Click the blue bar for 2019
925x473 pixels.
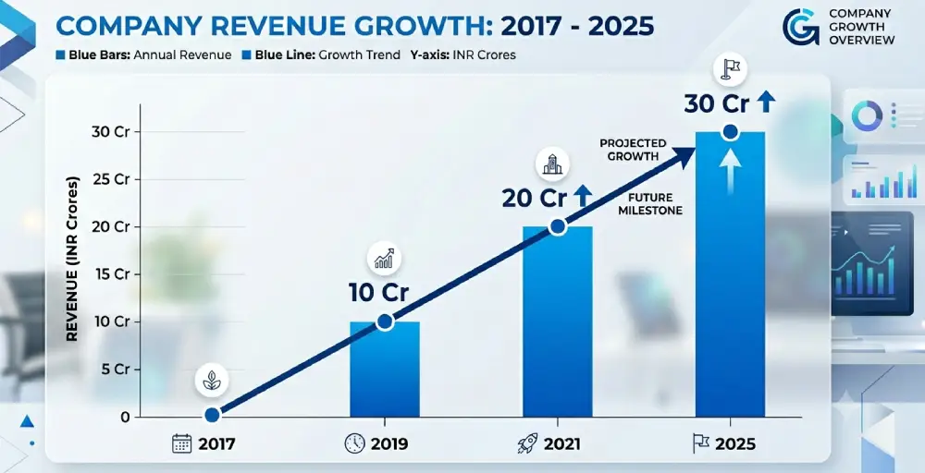tap(385, 370)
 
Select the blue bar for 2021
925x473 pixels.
tap(558, 321)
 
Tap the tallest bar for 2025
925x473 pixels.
tap(731, 274)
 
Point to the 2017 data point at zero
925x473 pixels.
tap(213, 416)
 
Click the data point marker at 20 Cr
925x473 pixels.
tap(558, 226)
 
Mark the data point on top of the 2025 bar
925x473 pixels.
tap(731, 132)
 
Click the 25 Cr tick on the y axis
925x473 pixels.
tap(111, 179)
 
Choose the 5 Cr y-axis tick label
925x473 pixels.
tap(116, 370)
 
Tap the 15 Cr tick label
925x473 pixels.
tap(111, 274)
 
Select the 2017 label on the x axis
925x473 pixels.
tap(216, 444)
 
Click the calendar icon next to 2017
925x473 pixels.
tap(182, 443)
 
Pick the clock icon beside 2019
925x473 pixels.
tap(354, 443)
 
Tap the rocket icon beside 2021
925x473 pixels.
tap(527, 443)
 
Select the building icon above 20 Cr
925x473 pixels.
tap(552, 164)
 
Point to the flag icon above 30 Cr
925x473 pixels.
tap(731, 69)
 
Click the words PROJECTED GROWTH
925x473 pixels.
tap(633, 150)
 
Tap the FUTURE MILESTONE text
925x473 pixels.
tap(650, 204)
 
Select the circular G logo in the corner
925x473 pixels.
tap(801, 27)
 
